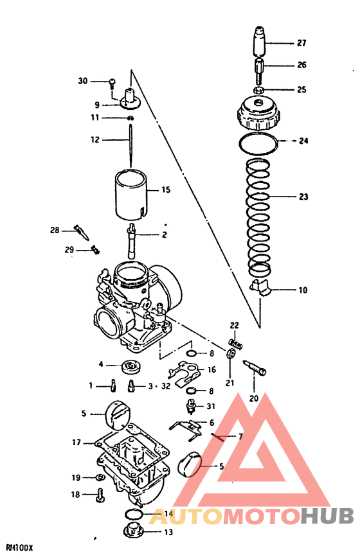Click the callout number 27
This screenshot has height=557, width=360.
tap(301, 44)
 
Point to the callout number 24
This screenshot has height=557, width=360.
tap(304, 141)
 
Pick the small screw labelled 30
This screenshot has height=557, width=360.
tap(113, 82)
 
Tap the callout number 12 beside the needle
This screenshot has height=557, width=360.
tap(94, 139)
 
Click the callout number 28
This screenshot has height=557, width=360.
tap(55, 230)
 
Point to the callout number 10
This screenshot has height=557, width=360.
tap(302, 290)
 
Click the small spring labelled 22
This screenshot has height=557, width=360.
tap(236, 344)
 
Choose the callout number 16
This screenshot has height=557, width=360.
tap(211, 370)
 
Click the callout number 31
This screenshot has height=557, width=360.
tap(211, 406)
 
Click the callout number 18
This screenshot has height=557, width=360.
tap(76, 495)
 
